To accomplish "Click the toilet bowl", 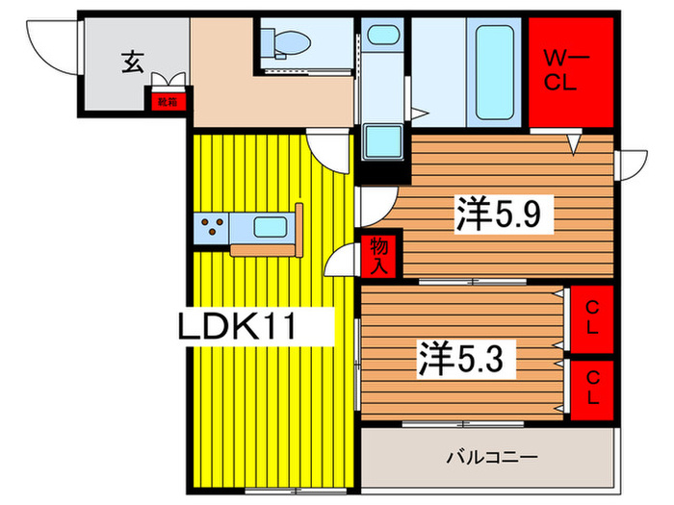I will click(289, 41).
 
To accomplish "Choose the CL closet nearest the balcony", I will click(589, 389).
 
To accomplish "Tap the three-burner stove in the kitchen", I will click(215, 229).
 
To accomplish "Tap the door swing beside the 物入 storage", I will click(342, 260).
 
